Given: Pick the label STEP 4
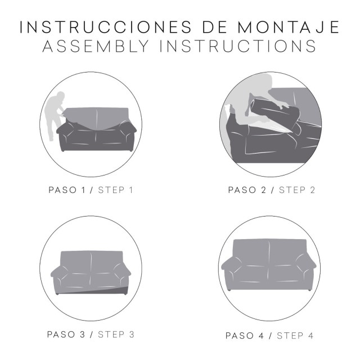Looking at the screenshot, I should (296, 336).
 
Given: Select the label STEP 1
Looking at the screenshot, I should (115, 190).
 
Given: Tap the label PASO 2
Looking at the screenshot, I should (250, 190).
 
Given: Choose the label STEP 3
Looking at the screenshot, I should (116, 335).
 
